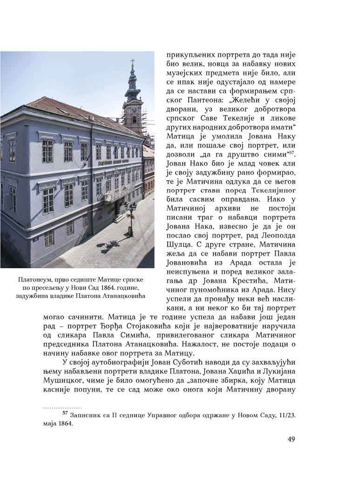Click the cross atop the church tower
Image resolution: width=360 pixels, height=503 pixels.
(132, 62)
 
